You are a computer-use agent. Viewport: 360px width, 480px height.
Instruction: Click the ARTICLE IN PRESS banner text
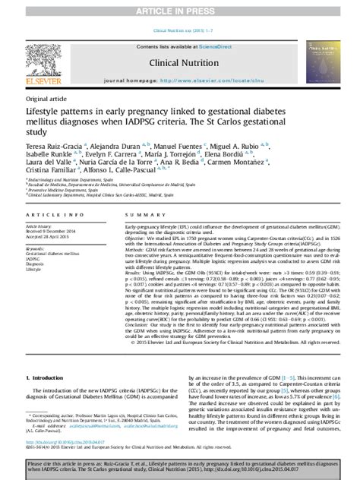(x=180, y=11)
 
